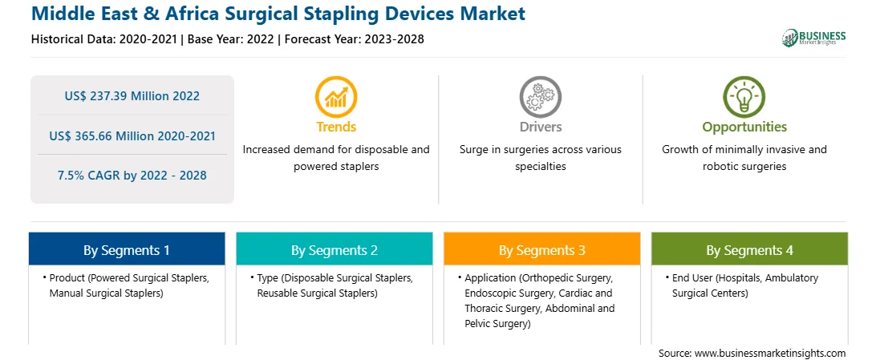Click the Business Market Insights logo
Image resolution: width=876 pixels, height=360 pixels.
814,38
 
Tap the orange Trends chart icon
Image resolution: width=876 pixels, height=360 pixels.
336,96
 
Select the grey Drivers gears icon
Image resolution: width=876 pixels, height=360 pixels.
540,96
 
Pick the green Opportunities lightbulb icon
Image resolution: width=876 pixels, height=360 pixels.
744,96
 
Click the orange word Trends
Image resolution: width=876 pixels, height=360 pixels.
336,127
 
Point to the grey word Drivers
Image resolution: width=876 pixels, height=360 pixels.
540,127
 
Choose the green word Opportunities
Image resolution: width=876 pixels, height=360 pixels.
744,127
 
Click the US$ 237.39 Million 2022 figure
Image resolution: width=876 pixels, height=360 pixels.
132,96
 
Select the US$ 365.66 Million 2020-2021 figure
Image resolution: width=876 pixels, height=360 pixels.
132,136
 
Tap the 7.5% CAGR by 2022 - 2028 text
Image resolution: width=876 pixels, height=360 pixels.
132,176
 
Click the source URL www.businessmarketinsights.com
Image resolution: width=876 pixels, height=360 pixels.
770,353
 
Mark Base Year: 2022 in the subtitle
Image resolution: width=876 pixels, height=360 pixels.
231,39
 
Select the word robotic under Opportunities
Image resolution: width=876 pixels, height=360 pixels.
716,166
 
